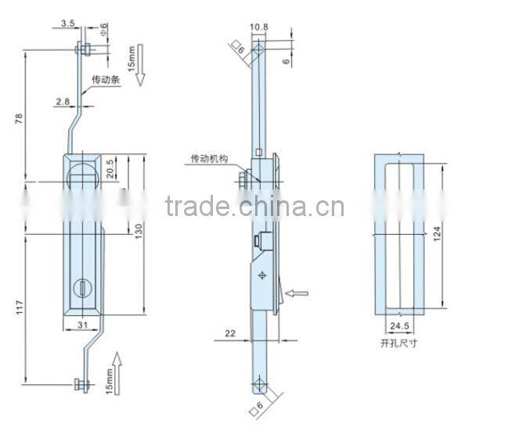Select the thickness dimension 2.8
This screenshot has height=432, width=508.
tap(63, 101)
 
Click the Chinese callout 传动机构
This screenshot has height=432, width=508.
tap(209, 159)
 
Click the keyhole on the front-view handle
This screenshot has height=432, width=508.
tap(82, 290)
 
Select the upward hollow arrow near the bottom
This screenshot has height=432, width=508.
tap(117, 365)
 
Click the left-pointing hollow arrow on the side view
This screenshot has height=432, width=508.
tap(297, 293)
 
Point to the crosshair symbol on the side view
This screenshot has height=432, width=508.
tap(261, 275)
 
